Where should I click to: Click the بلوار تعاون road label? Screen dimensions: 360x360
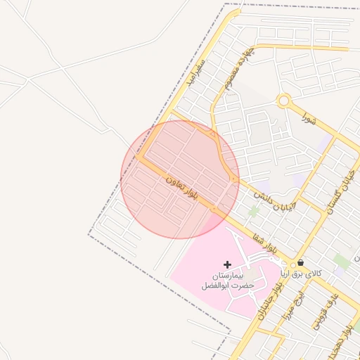(x=181, y=190)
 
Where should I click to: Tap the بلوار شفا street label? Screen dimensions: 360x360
(x=268, y=243)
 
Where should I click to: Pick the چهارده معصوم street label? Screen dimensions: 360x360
(x=240, y=71)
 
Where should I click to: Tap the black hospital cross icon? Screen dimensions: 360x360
(x=226, y=264)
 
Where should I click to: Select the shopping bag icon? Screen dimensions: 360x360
(x=301, y=262)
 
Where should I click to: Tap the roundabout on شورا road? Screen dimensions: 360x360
(x=283, y=101)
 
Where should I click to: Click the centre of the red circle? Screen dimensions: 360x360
(x=180, y=179)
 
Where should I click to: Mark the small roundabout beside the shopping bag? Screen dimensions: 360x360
(x=292, y=265)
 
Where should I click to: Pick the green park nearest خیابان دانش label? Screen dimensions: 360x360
(x=254, y=210)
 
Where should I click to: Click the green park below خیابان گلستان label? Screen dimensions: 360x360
(x=342, y=261)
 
